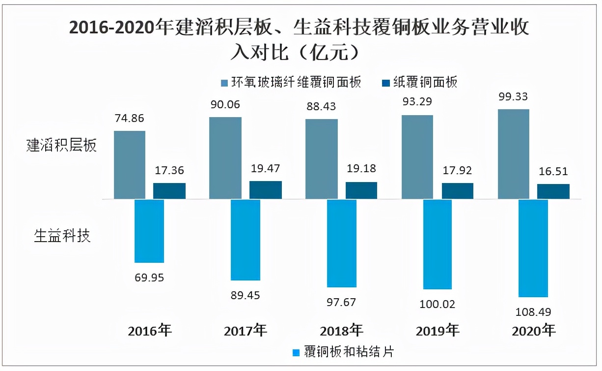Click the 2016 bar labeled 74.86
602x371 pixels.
click(x=130, y=165)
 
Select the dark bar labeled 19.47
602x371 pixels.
click(x=266, y=190)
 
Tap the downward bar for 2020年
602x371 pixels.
click(x=533, y=248)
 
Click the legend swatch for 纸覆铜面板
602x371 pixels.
click(x=385, y=83)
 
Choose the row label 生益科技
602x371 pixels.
click(x=62, y=236)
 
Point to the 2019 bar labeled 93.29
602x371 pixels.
click(x=417, y=157)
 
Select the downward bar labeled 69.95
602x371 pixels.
click(x=149, y=231)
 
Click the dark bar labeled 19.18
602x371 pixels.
click(x=361, y=190)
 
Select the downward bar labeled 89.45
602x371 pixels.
click(x=246, y=239)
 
